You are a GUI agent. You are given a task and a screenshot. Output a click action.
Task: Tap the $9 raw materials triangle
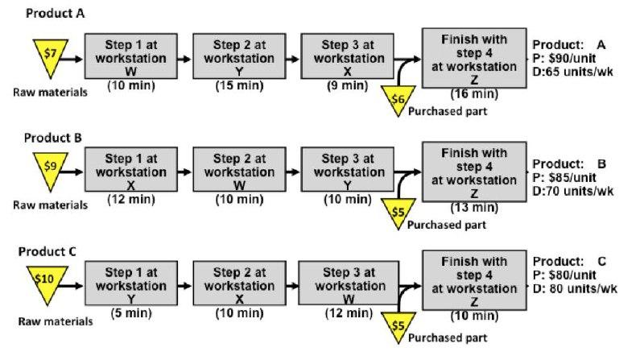(49, 170)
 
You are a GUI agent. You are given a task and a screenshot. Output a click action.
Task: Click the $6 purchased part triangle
(398, 97)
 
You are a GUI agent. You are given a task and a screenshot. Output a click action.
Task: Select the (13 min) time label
(473, 208)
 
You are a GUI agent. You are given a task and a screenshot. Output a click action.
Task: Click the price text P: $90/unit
(567, 57)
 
